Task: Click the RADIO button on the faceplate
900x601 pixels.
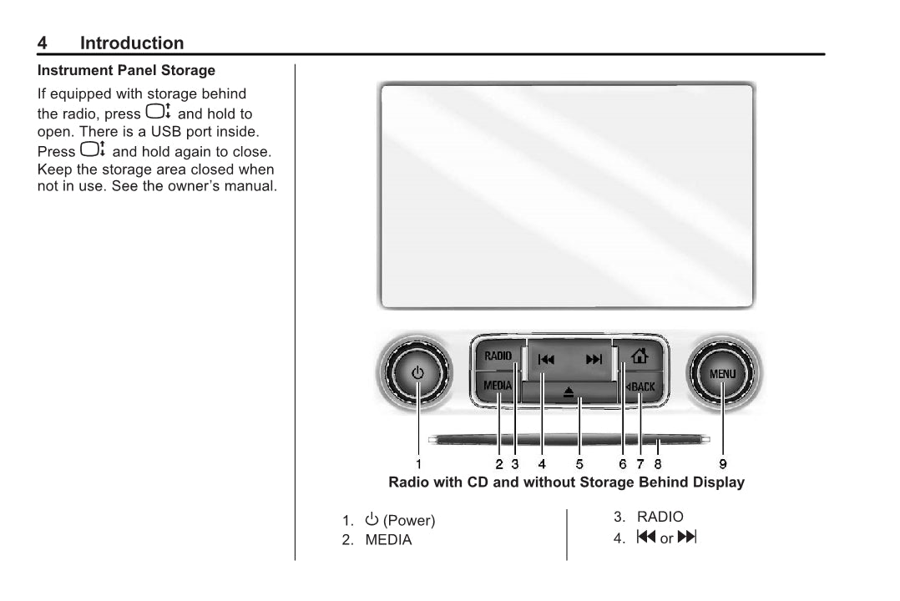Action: (x=498, y=356)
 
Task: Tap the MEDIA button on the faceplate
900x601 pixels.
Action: (x=497, y=386)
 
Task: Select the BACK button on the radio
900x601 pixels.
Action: (x=641, y=386)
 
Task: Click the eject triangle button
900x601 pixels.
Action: (x=569, y=392)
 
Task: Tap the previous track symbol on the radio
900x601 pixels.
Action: (x=546, y=360)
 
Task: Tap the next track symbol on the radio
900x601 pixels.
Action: (x=594, y=360)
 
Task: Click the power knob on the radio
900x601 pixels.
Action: (x=417, y=373)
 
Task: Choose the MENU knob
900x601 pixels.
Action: (x=723, y=374)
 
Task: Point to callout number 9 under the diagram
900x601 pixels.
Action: (x=723, y=464)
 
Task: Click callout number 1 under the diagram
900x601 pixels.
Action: (x=418, y=464)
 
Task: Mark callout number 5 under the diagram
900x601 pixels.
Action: (x=579, y=464)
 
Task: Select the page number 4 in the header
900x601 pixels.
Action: (x=42, y=43)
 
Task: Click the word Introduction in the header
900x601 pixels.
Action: (x=132, y=43)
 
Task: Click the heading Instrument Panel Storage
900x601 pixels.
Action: (x=126, y=71)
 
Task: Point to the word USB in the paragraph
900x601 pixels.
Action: (x=166, y=131)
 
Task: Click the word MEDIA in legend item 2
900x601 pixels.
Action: (x=388, y=540)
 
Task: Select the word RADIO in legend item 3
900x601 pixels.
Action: (x=660, y=517)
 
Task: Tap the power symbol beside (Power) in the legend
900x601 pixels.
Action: (x=372, y=519)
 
